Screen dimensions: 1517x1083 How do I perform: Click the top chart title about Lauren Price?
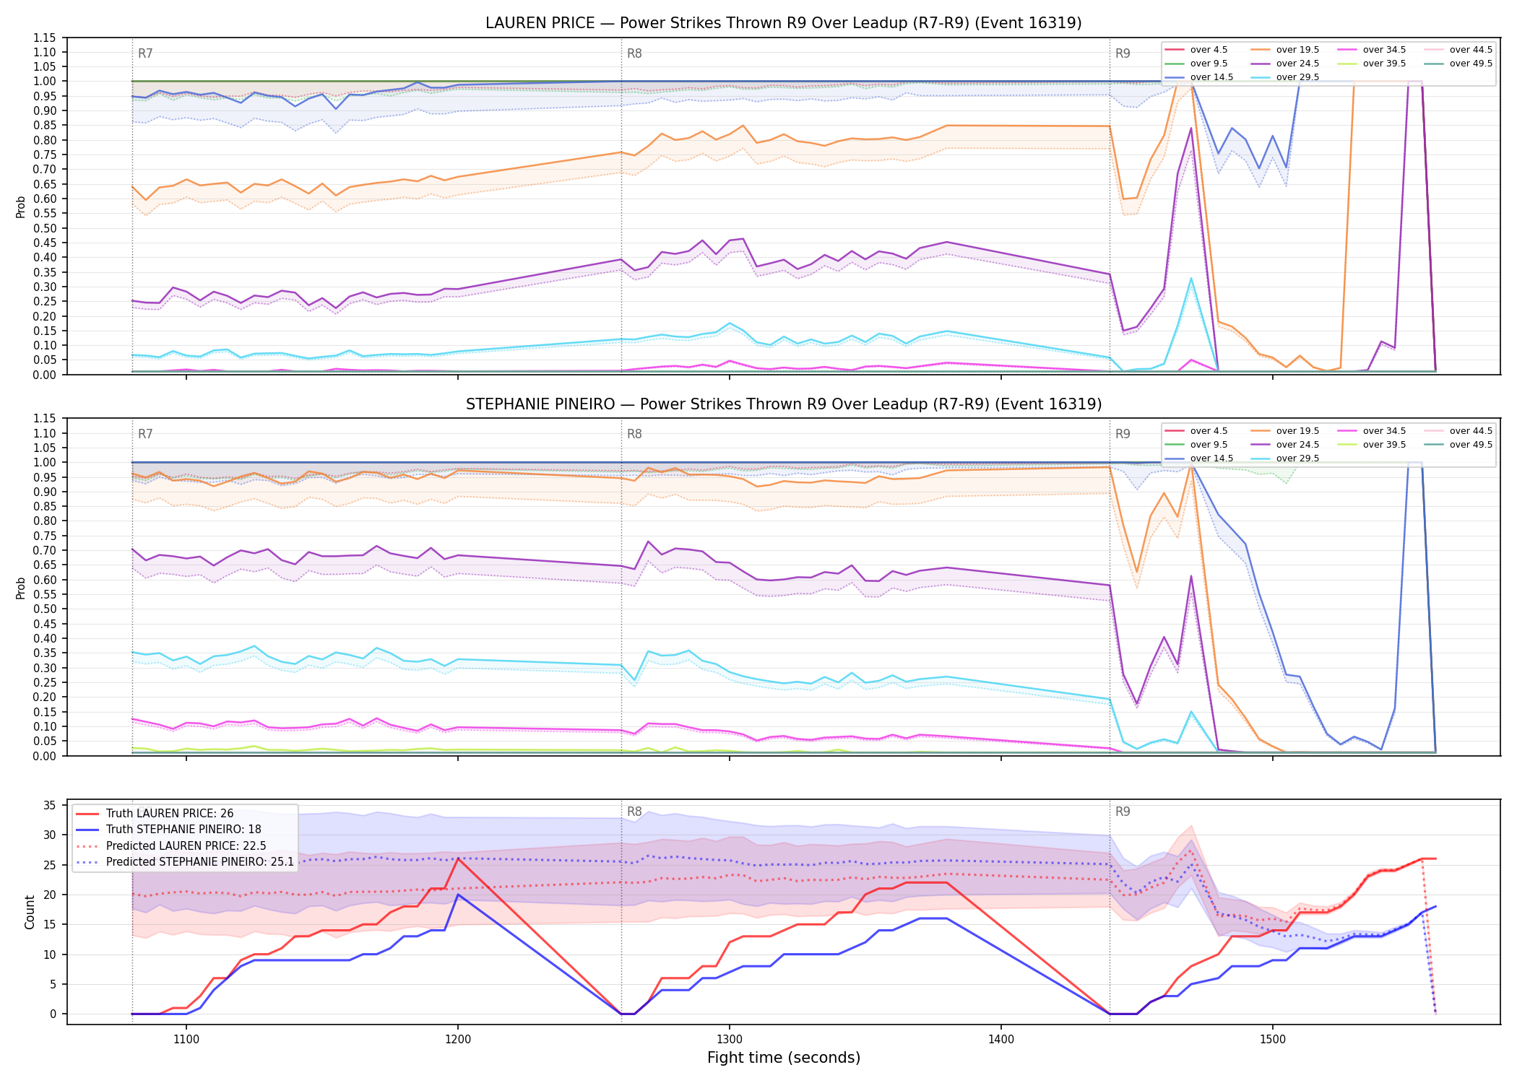784,23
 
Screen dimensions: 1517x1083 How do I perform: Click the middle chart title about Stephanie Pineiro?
784,404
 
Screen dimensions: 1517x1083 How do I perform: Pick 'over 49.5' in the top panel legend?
1471,64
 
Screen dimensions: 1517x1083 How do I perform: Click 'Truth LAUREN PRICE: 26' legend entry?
170,814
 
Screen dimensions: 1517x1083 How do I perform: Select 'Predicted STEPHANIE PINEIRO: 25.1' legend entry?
200,862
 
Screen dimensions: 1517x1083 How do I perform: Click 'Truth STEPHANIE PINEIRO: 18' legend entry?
183,830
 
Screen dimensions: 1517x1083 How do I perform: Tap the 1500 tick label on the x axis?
1273,1040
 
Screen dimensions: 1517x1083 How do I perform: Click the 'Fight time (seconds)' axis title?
784,1058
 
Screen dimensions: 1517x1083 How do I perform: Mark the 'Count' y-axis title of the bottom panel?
30,912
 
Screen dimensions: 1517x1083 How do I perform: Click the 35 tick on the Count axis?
50,806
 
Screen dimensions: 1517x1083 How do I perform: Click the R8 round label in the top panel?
634,53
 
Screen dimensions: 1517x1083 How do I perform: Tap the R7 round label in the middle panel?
145,434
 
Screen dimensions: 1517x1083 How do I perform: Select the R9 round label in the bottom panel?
1123,812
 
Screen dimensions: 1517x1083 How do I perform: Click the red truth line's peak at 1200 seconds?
458,858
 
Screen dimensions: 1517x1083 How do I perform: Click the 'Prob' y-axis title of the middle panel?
21,588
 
